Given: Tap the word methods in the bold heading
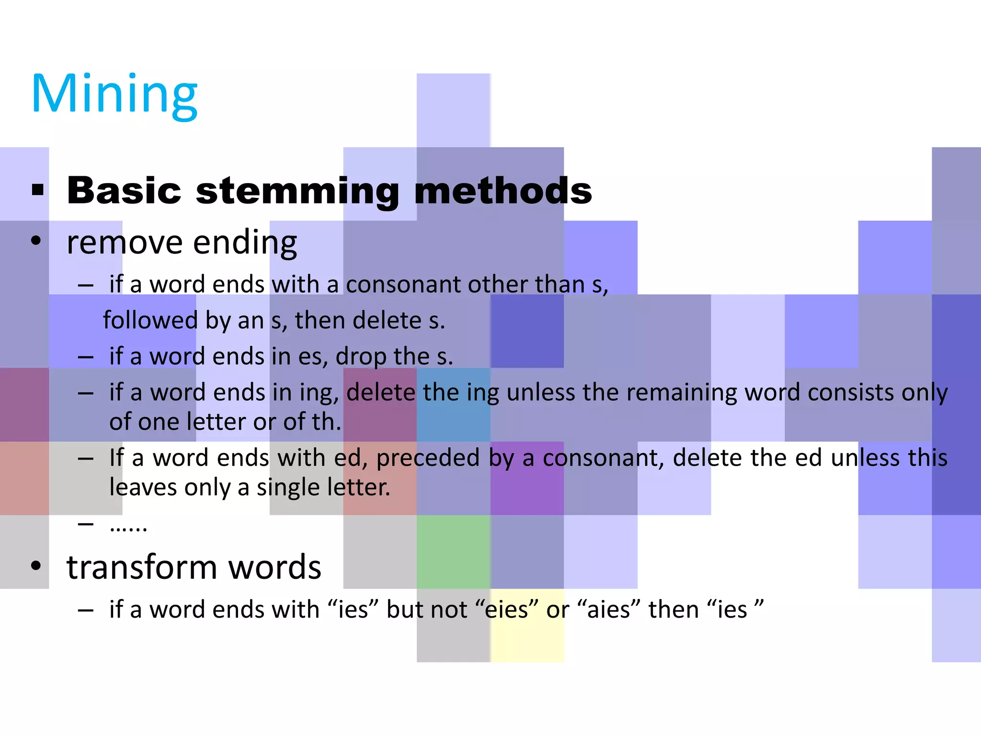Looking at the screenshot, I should point(503,191).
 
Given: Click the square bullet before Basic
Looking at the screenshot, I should point(38,190).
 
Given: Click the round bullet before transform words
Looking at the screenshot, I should point(36,565).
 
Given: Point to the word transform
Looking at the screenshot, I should point(142,567).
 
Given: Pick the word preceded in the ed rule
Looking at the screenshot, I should point(428,458).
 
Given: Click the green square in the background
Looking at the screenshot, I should point(453,552).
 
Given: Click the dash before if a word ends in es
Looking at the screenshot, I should point(86,357).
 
